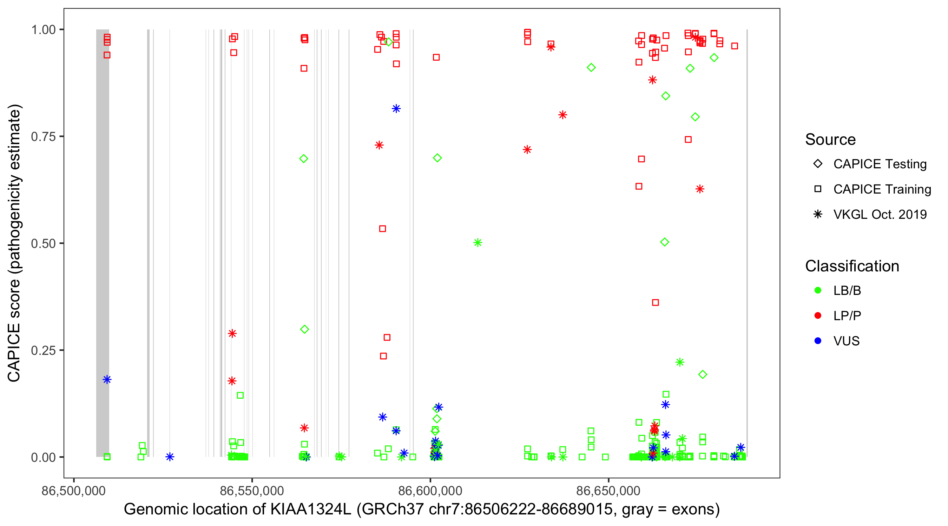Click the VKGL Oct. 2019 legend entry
point(880,214)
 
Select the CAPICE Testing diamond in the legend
point(818,164)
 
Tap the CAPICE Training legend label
point(882,189)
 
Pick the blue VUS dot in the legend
point(818,341)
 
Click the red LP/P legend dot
point(818,316)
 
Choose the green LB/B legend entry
point(847,290)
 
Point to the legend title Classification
point(852,266)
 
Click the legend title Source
point(830,140)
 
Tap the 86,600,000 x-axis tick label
point(430,491)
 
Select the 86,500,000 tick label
point(74,491)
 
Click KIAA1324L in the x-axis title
point(311,510)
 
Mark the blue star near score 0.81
point(396,108)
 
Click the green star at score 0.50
point(478,243)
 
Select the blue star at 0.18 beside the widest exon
point(107,379)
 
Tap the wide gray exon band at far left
point(102,221)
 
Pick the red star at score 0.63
point(700,189)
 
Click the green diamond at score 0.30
point(304,329)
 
